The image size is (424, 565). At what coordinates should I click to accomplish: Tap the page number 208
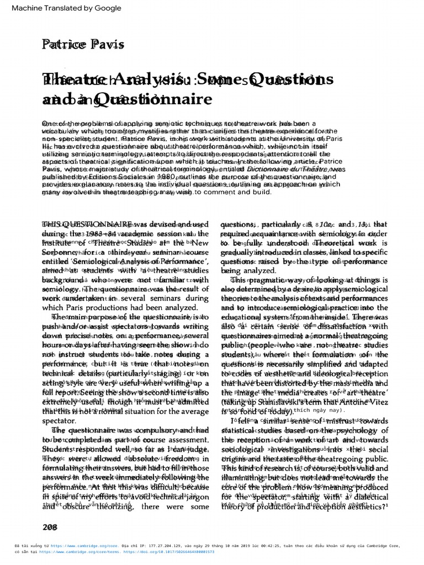pos(50,527)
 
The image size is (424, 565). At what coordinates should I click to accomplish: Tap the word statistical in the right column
pos(241,430)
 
